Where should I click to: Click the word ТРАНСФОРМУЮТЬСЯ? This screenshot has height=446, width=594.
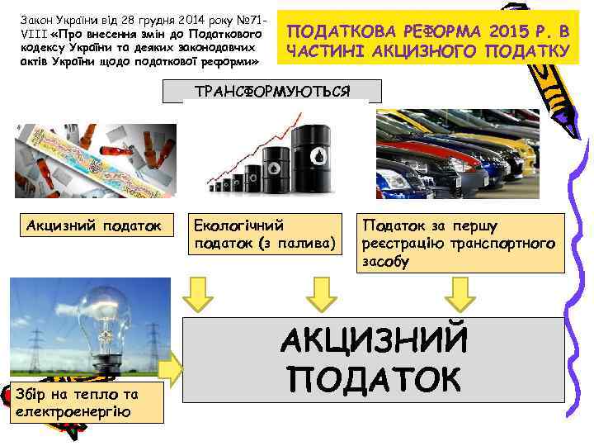[271, 90]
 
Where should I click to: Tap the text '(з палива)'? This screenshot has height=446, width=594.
[296, 243]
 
